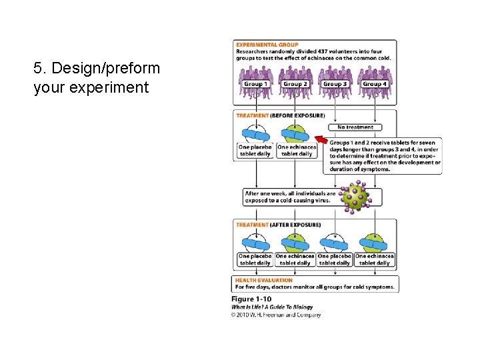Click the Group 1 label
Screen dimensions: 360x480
tap(255, 84)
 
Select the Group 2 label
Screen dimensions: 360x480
tap(295, 84)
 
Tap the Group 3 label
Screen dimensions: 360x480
tap(335, 84)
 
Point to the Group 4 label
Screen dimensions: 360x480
tap(375, 84)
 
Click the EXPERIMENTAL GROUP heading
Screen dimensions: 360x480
tap(263, 45)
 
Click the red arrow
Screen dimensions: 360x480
tap(321, 139)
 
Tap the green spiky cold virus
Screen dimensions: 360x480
tap(355, 196)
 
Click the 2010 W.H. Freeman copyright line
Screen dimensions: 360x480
tap(276, 315)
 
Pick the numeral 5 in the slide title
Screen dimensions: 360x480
tap(37, 69)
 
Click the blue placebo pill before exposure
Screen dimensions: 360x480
tap(255, 135)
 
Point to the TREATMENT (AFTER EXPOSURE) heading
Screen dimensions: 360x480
tap(278, 225)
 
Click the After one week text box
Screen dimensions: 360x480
tap(290, 197)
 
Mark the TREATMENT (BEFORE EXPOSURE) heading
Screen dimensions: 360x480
tap(280, 115)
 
